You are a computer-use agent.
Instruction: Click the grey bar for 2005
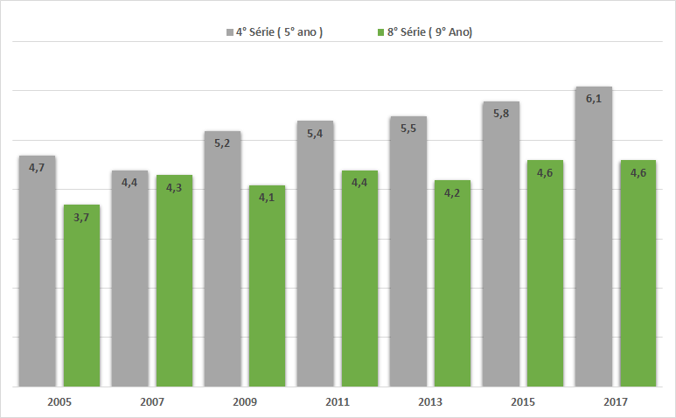(x=37, y=271)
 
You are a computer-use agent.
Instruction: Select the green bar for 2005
(x=82, y=296)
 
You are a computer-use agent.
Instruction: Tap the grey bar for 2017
(x=593, y=236)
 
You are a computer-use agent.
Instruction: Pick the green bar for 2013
(x=453, y=283)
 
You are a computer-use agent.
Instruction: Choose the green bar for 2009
(x=268, y=286)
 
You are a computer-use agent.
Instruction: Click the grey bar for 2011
(x=315, y=254)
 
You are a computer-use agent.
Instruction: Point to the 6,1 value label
(x=593, y=99)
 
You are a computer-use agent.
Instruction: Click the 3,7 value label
(x=82, y=217)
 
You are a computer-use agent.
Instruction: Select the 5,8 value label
(x=500, y=114)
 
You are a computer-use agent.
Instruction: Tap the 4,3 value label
(x=175, y=187)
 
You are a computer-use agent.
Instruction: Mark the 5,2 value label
(x=222, y=143)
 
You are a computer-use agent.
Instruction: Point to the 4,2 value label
(x=453, y=192)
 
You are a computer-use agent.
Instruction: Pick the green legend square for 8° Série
(x=380, y=32)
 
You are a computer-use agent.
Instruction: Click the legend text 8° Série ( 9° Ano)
(x=429, y=32)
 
